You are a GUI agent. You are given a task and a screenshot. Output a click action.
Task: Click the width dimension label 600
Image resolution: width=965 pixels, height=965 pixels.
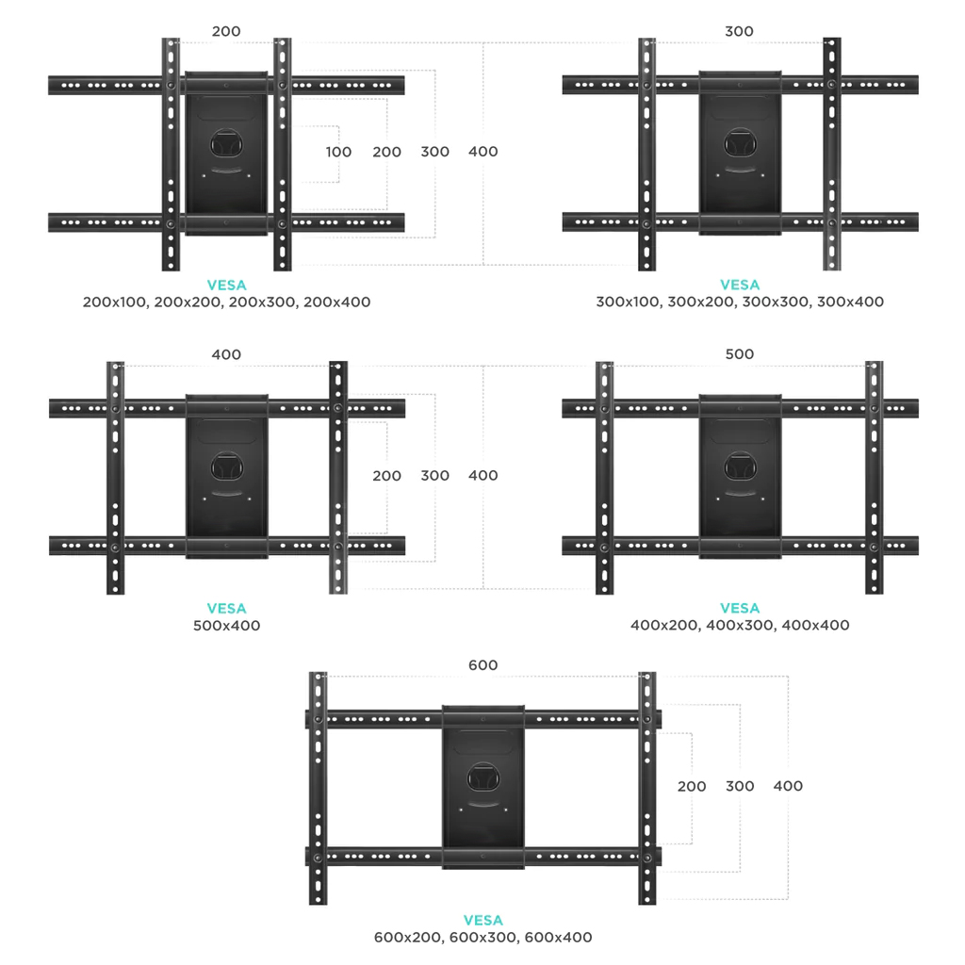[x=483, y=664]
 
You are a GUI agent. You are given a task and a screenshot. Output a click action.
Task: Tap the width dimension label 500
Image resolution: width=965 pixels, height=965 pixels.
[x=739, y=354]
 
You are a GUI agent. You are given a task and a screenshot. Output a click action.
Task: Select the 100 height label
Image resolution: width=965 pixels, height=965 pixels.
[x=338, y=152]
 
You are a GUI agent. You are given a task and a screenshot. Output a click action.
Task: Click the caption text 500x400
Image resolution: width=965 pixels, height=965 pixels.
[x=226, y=626]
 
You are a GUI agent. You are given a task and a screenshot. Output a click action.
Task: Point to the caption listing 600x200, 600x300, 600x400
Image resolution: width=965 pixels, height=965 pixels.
[x=483, y=937]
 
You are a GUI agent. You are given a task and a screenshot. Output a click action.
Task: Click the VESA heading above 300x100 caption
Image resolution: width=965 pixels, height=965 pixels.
[x=740, y=285]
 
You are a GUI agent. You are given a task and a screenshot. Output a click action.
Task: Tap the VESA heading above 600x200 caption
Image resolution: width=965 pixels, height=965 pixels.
[x=483, y=920]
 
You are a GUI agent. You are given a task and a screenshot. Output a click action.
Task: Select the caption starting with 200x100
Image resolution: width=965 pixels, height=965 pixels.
[x=226, y=302]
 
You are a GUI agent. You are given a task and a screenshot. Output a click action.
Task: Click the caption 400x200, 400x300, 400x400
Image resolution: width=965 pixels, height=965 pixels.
[x=740, y=625]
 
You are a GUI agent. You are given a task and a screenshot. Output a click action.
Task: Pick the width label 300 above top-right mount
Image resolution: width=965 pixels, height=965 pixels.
[x=739, y=31]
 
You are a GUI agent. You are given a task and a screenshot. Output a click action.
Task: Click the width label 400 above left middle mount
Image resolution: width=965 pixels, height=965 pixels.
[x=226, y=354]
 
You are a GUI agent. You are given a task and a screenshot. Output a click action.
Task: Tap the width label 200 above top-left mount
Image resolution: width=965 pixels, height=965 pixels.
[x=226, y=31]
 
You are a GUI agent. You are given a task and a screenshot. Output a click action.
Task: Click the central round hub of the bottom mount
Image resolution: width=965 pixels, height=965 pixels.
[x=483, y=777]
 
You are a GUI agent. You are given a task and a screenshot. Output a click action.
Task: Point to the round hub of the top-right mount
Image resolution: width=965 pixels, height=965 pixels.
[x=740, y=143]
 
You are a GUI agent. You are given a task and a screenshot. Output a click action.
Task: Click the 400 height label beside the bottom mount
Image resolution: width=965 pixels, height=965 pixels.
[x=788, y=786]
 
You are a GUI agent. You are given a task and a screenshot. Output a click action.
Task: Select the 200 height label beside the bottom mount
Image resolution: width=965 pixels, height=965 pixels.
[x=692, y=786]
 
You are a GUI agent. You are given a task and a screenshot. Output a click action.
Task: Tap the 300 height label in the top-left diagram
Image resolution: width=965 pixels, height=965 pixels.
[x=435, y=152]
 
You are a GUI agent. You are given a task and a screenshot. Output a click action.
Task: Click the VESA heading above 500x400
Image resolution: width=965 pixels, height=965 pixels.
[x=226, y=608]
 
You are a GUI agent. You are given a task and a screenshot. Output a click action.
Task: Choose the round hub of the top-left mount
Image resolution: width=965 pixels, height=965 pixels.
[x=226, y=143]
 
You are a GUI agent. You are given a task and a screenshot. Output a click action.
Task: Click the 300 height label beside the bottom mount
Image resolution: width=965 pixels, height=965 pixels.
[x=740, y=786]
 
